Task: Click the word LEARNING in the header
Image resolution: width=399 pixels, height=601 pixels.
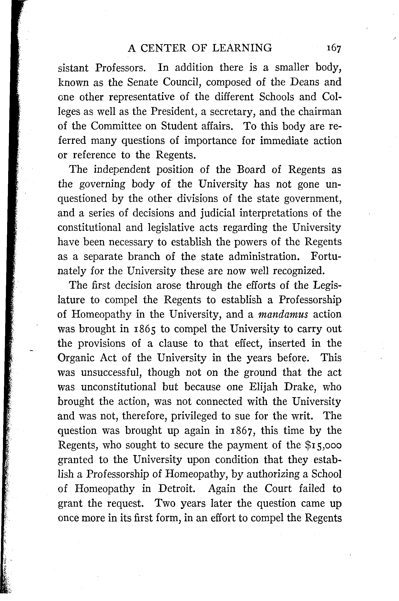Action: click(x=242, y=48)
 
